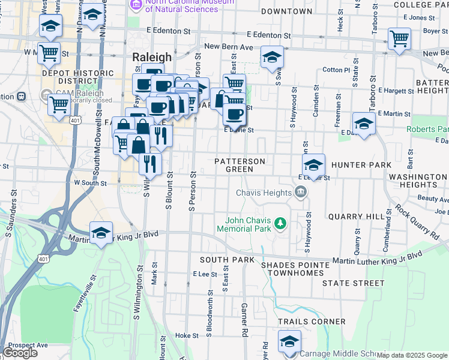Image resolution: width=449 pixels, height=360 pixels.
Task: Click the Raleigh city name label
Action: tap(151, 58)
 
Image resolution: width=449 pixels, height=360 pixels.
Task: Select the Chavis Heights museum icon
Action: tap(301, 193)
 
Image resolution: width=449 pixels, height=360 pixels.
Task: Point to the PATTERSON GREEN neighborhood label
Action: tap(240, 166)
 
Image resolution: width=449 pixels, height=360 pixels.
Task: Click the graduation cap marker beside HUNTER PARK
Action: tap(313, 164)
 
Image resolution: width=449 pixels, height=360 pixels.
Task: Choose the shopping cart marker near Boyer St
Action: tap(399, 38)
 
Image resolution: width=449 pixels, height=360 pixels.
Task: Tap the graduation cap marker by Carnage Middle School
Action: tap(289, 342)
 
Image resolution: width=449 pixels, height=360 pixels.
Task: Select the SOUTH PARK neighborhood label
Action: tap(228, 260)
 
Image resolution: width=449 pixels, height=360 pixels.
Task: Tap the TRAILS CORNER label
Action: tap(312, 322)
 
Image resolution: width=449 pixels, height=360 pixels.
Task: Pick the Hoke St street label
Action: tap(186, 335)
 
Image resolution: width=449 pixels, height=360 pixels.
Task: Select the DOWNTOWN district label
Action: tap(287, 11)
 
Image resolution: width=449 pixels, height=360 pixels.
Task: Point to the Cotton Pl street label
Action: tap(336, 70)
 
